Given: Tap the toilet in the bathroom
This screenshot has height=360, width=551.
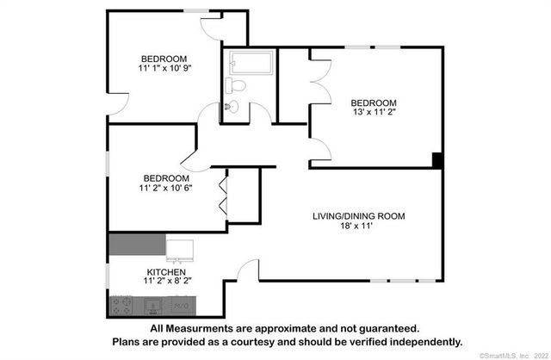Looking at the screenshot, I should pos(235,85).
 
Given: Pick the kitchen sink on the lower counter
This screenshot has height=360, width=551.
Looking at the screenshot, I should pos(153,304).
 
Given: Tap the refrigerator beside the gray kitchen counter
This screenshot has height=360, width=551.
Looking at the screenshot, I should pos(180,248).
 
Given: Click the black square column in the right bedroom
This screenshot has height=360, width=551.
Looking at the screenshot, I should pos(437,160).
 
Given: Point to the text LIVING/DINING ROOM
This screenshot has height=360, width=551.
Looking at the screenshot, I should pos(357,216).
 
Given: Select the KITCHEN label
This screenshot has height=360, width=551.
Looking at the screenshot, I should pos(164,271).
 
